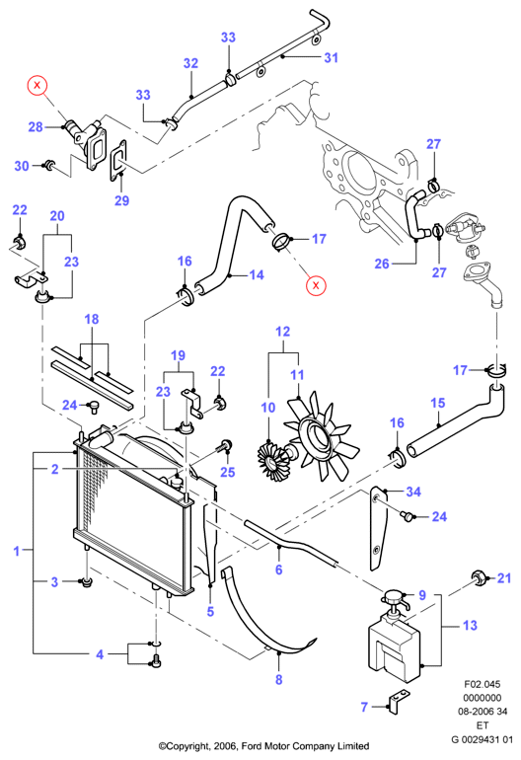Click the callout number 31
(x=331, y=57)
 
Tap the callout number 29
(x=121, y=200)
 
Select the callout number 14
(x=257, y=274)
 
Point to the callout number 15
(x=438, y=403)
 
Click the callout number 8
(x=278, y=679)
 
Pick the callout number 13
(x=470, y=625)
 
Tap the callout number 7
(x=364, y=707)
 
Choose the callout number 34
(x=413, y=492)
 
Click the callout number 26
(x=382, y=264)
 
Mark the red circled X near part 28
(x=37, y=86)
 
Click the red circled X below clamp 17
(x=316, y=285)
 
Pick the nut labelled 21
(x=479, y=576)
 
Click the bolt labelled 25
(x=225, y=446)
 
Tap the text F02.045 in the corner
(x=482, y=684)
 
